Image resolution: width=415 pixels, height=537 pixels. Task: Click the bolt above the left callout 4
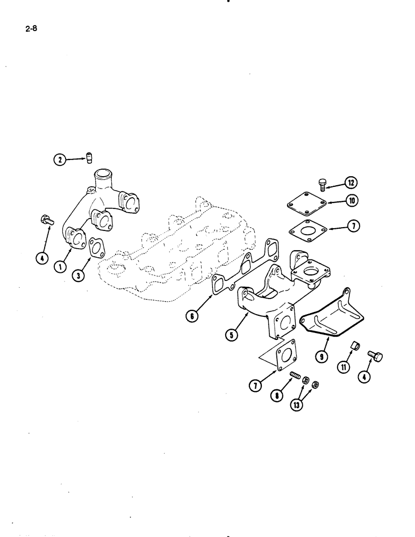(45, 220)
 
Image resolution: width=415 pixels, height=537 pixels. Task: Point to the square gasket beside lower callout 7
(290, 359)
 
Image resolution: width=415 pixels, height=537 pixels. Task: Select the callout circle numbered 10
(352, 202)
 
